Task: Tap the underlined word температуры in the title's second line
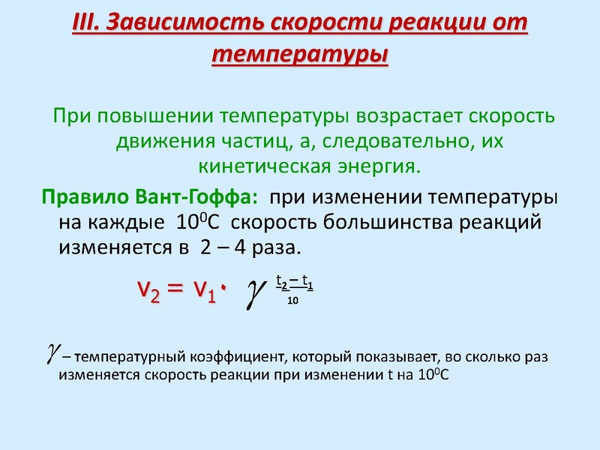coord(300,55)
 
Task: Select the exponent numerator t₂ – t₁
coord(294,283)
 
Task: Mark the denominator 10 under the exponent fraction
coord(293,301)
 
